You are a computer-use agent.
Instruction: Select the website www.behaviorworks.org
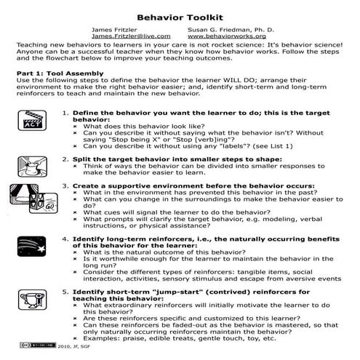[x=226, y=35]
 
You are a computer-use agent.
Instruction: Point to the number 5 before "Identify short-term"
[x=65, y=292]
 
